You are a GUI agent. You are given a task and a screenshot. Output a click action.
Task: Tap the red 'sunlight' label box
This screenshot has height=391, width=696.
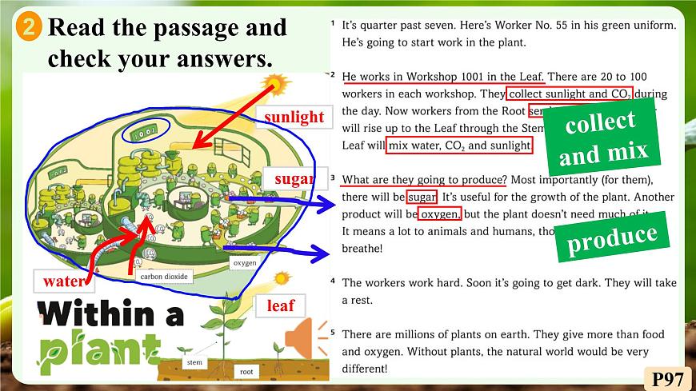tap(294, 117)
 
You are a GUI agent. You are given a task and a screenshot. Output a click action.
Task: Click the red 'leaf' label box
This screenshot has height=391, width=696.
tap(281, 305)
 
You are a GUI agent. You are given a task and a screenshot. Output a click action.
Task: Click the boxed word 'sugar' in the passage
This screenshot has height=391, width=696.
tap(422, 197)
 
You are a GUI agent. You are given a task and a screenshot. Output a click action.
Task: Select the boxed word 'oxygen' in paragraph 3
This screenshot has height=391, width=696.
tap(439, 213)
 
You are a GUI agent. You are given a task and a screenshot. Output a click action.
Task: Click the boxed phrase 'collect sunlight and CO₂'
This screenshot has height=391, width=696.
tap(570, 94)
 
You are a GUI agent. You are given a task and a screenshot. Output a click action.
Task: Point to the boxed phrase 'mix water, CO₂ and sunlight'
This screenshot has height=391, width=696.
tap(459, 146)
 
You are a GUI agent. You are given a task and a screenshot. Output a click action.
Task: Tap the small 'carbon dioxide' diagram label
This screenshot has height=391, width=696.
tap(163, 277)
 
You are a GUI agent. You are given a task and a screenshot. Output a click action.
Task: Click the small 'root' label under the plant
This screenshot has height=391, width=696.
tap(246, 371)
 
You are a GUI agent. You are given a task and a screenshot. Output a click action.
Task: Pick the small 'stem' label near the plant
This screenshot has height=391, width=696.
tap(194, 361)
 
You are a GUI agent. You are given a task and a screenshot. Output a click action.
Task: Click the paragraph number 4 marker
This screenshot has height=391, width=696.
tap(333, 281)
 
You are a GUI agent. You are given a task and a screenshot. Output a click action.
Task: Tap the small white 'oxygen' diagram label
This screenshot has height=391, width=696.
tap(244, 262)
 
